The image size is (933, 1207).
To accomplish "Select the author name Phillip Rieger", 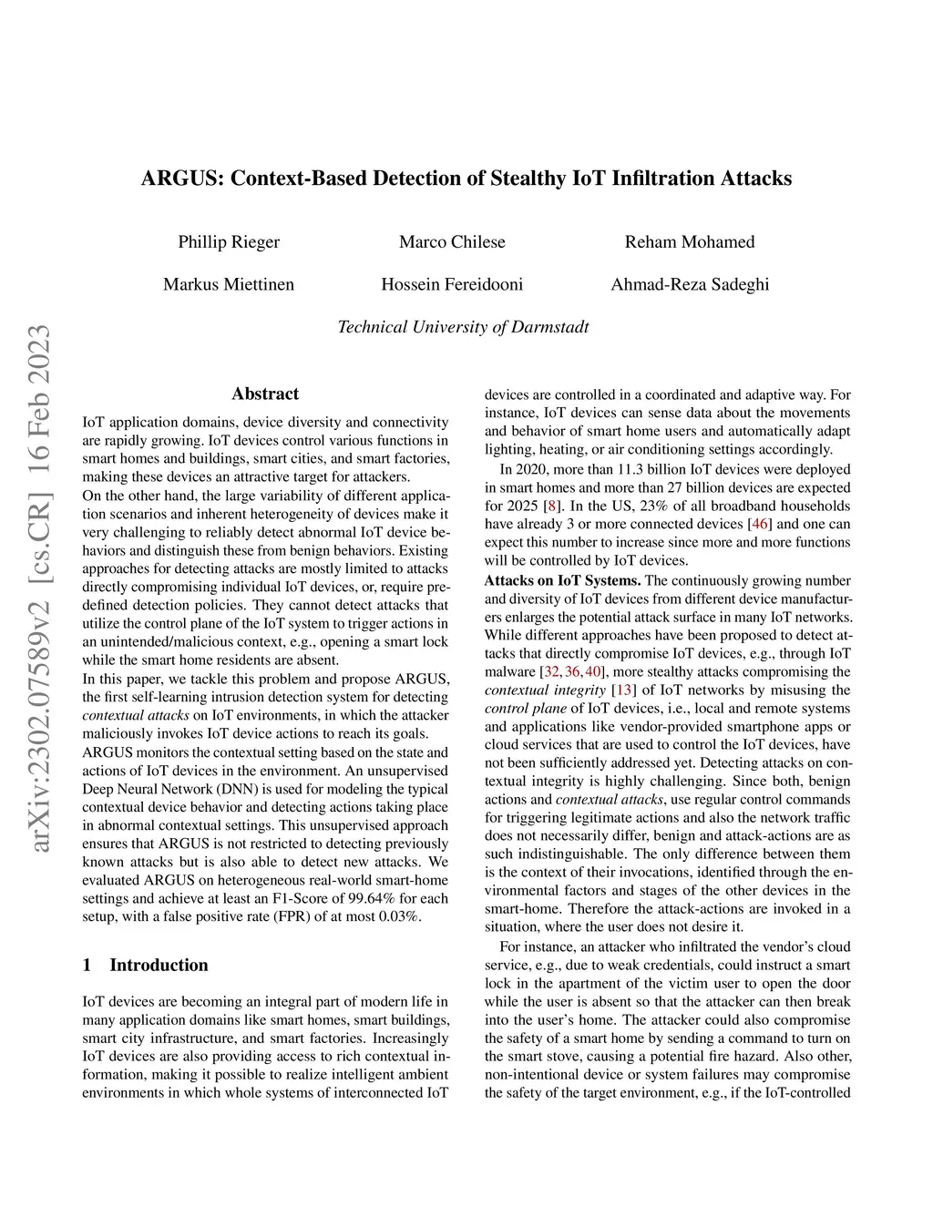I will pyautogui.click(x=229, y=241).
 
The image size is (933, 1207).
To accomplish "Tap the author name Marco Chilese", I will pyautogui.click(x=452, y=241).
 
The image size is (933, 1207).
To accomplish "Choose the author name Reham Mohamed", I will pyautogui.click(x=690, y=241).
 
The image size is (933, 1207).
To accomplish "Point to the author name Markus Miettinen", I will pyautogui.click(x=229, y=284).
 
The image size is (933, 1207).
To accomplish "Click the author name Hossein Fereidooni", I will pyautogui.click(x=452, y=284).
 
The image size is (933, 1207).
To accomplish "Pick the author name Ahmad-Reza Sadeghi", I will pyautogui.click(x=690, y=284).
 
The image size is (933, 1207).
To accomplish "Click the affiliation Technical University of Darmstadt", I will pyautogui.click(x=463, y=327).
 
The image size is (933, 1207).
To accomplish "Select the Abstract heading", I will pyautogui.click(x=265, y=394).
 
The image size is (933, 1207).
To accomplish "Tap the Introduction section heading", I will pyautogui.click(x=159, y=965).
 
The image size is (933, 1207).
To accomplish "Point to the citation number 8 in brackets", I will pyautogui.click(x=550, y=506).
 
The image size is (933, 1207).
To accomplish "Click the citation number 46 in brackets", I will pyautogui.click(x=758, y=524).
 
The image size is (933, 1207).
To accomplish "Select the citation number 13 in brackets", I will pyautogui.click(x=623, y=690).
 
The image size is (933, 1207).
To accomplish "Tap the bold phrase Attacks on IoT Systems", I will pyautogui.click(x=562, y=580).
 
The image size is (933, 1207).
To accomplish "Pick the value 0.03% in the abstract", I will pyautogui.click(x=399, y=916).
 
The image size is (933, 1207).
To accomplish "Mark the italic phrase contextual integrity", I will pyautogui.click(x=545, y=690).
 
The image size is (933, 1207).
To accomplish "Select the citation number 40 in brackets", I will pyautogui.click(x=593, y=671).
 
